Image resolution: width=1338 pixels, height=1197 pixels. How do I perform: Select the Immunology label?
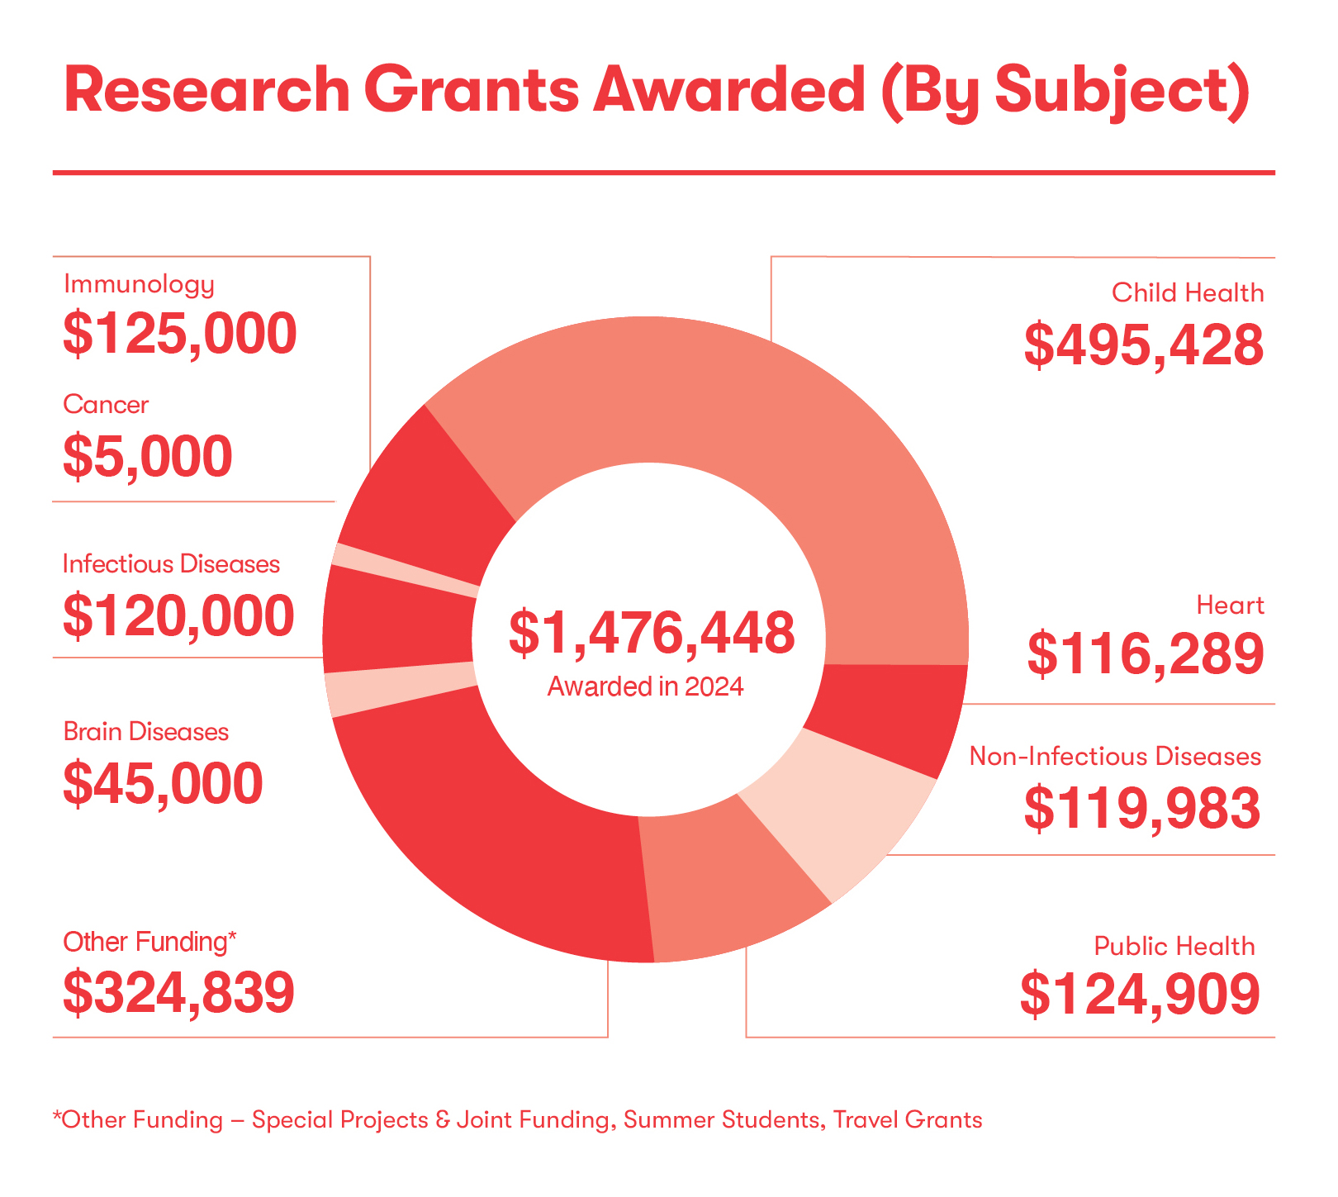click(x=139, y=285)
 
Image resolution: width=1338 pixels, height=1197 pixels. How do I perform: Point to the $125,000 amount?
click(x=180, y=335)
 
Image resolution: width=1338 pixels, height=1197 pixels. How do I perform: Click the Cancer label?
click(x=106, y=405)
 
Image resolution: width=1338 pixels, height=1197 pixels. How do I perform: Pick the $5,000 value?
click(x=148, y=456)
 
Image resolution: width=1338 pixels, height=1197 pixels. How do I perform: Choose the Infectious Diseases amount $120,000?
click(x=178, y=615)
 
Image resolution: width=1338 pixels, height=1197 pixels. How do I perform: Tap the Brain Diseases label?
click(x=145, y=732)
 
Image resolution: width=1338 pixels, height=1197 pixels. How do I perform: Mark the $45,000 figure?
click(x=163, y=783)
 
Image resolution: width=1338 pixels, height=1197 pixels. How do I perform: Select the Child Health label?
click(x=1188, y=293)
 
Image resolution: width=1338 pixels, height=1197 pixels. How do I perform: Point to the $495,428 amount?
click(x=1144, y=345)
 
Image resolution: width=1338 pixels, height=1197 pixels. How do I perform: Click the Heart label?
click(x=1230, y=606)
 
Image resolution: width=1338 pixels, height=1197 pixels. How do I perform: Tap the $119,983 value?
click(x=1142, y=808)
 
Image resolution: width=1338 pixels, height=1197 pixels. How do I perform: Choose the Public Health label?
click(x=1174, y=946)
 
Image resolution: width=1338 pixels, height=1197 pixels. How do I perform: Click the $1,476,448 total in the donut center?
click(x=652, y=634)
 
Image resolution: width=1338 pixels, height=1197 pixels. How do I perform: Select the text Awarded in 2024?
click(x=646, y=686)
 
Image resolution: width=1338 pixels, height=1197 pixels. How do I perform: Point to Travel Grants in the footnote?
click(x=908, y=1120)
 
